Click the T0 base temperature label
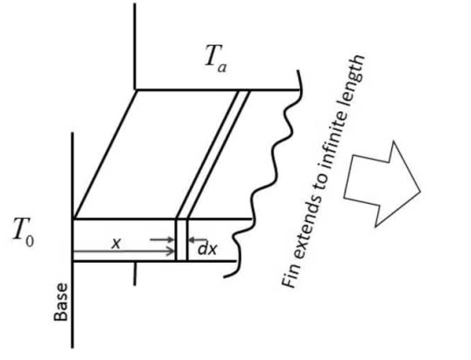(23, 232)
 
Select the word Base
(61, 302)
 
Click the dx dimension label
(207, 249)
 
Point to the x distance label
(115, 243)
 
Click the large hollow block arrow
(382, 184)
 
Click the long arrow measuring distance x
(124, 252)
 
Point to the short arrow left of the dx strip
(162, 239)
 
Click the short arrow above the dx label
(198, 239)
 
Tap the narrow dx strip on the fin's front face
(181, 240)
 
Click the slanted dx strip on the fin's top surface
(213, 154)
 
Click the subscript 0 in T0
(29, 241)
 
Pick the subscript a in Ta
(222, 68)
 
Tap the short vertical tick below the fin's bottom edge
(134, 274)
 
